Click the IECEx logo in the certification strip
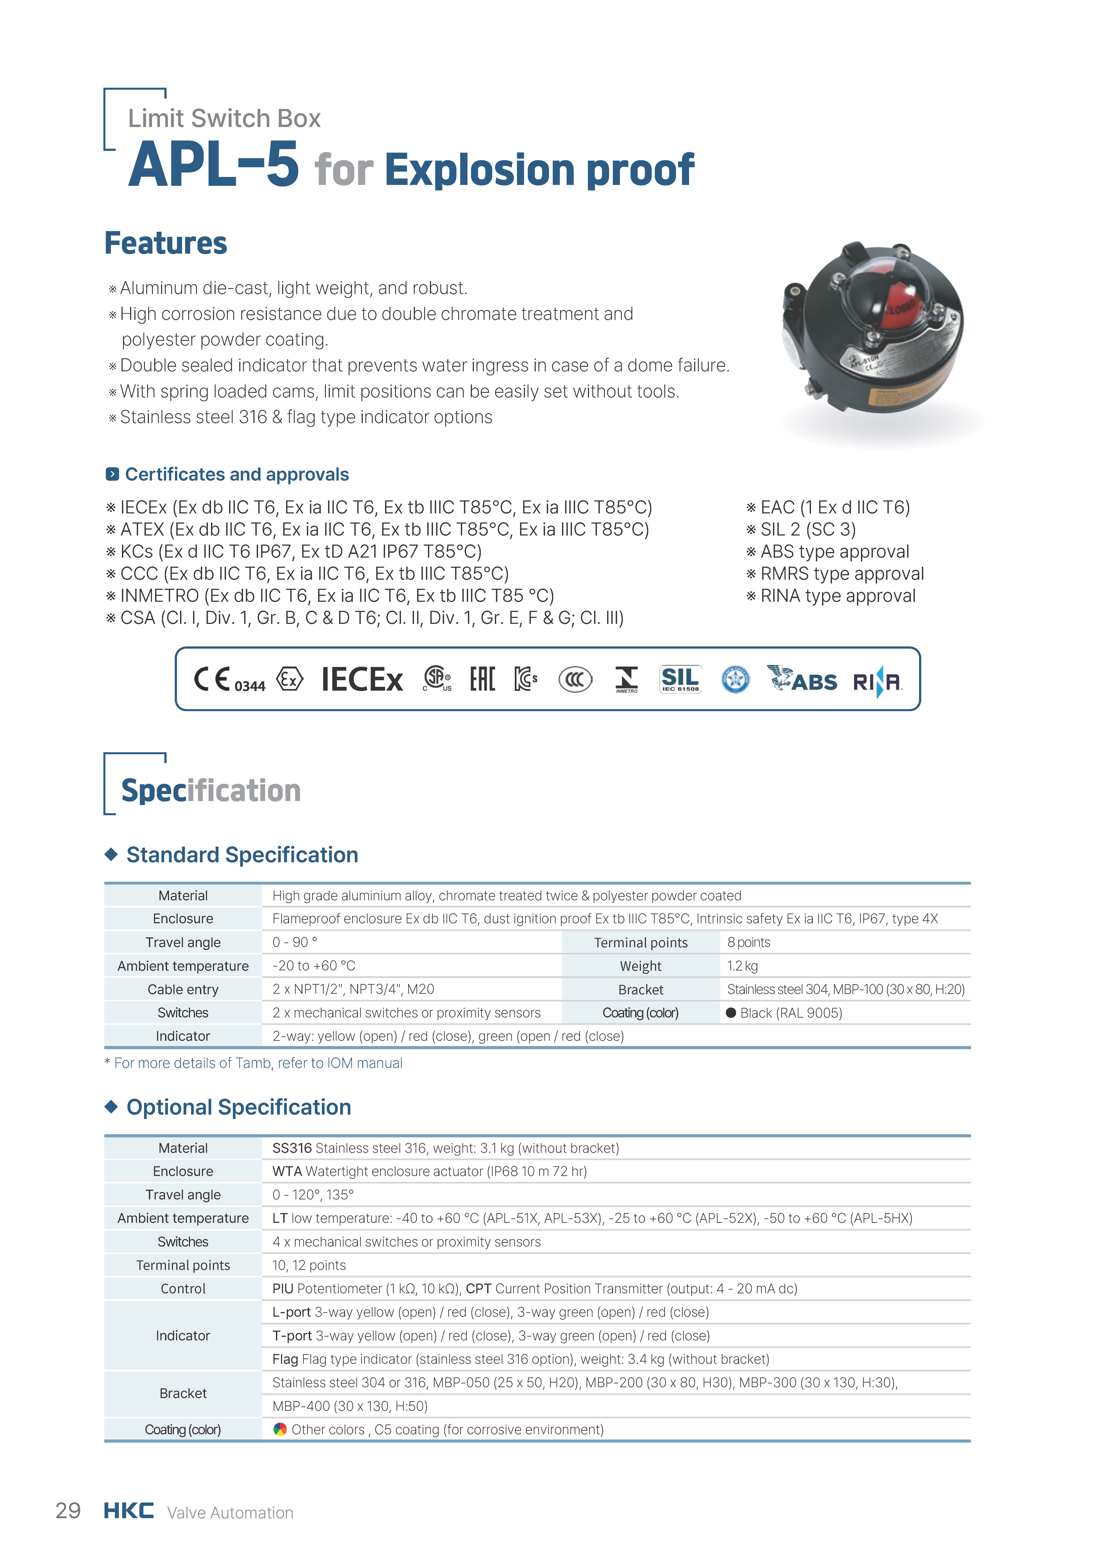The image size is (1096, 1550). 362,679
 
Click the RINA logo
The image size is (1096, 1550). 877,682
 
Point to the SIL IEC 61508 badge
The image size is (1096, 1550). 680,679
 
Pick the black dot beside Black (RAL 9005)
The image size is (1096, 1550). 731,1013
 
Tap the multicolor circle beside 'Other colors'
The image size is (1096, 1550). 279,1429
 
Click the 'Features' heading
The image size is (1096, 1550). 165,243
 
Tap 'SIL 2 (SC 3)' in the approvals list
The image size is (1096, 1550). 808,529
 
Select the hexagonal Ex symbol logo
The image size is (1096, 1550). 290,679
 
